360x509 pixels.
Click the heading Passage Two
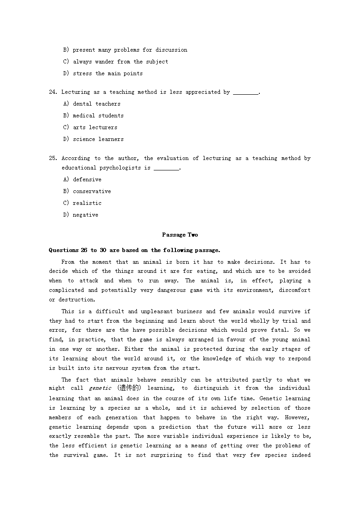click(180, 235)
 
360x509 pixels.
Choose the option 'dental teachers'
click(97, 104)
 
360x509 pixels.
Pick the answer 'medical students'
click(98, 116)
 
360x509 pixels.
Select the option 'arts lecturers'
click(95, 127)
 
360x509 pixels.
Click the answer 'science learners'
click(98, 139)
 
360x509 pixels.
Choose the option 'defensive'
click(87, 179)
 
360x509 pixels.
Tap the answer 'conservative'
click(92, 191)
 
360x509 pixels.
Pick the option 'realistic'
click(87, 203)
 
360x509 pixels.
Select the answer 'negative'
click(85, 215)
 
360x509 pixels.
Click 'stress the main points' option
click(107, 73)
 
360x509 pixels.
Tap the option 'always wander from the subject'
click(120, 62)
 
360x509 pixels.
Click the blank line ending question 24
click(245, 93)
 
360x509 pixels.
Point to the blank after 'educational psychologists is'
click(166, 169)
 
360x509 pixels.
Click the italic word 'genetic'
click(100, 388)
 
